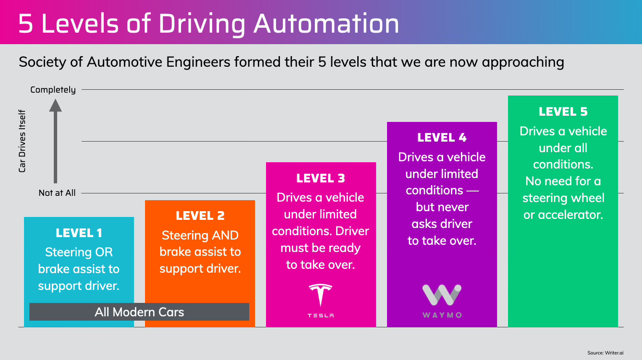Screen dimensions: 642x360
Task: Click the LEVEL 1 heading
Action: (x=79, y=233)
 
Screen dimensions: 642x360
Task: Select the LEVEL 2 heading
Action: (x=200, y=216)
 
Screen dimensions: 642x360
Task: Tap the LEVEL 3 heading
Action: (x=321, y=179)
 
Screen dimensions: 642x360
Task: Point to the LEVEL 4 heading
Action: (x=442, y=138)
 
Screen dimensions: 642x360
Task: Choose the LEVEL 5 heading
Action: (x=563, y=112)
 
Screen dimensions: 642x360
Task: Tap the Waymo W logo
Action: (x=442, y=295)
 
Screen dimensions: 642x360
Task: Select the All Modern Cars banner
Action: (x=139, y=312)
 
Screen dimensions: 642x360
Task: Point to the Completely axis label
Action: (x=53, y=90)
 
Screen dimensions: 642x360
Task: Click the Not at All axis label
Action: (x=57, y=193)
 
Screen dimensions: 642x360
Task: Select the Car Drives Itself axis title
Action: (x=22, y=141)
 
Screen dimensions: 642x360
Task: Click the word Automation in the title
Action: (x=327, y=24)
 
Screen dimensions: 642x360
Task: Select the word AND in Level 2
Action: (x=226, y=235)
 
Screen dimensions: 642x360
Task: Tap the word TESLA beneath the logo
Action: (x=321, y=315)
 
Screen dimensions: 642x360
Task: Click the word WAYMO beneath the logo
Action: (x=442, y=315)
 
